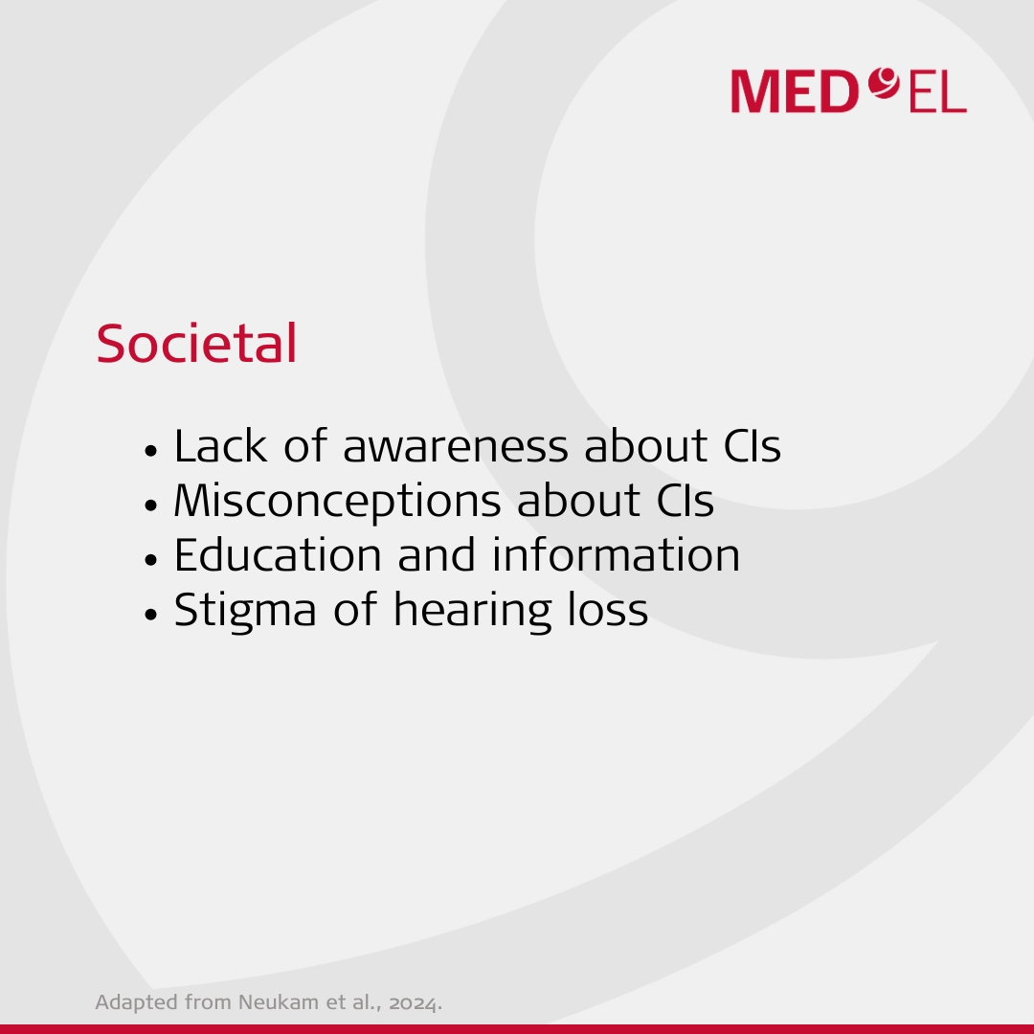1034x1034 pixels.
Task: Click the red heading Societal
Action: click(196, 344)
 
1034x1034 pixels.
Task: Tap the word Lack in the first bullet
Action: click(220, 446)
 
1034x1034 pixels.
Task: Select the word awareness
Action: click(456, 446)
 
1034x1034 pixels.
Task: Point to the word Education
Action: click(278, 554)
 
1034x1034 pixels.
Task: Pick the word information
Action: click(616, 554)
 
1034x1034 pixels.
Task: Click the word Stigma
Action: click(245, 611)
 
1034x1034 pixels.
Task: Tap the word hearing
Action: click(472, 611)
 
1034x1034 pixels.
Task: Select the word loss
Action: click(608, 609)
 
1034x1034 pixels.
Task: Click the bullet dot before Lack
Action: click(151, 452)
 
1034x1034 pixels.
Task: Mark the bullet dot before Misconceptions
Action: click(151, 506)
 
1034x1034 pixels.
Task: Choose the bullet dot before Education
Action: click(151, 560)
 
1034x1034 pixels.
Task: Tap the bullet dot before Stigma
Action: click(151, 614)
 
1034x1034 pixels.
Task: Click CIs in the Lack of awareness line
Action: click(753, 446)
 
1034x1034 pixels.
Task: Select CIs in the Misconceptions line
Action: click(686, 501)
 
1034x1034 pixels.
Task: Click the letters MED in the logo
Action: click(795, 92)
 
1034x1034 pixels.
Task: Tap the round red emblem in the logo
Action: click(884, 83)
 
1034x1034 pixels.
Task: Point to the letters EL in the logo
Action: click(937, 92)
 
